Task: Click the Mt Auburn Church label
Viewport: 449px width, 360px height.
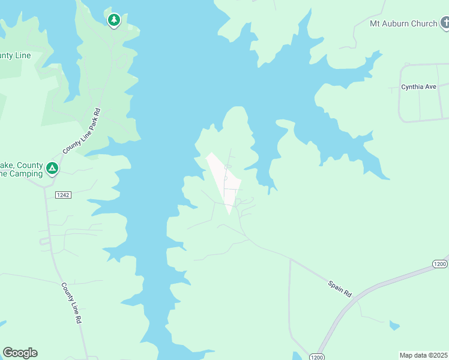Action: point(403,24)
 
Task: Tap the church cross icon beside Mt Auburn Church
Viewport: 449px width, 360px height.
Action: point(445,23)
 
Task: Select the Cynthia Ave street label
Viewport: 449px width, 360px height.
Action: point(418,87)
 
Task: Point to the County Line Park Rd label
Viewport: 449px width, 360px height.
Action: point(81,130)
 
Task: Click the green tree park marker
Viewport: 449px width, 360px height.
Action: point(113,20)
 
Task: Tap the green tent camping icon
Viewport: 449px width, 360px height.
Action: point(52,169)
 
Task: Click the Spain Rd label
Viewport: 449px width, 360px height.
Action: point(339,287)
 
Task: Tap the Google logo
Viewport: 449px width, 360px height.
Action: point(20,353)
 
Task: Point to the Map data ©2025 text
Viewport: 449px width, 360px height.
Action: point(424,355)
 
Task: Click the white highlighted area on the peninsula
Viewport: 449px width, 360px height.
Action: point(223,180)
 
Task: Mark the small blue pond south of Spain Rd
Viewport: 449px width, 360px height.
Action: point(394,326)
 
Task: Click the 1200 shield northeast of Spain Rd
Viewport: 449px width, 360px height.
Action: point(440,264)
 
